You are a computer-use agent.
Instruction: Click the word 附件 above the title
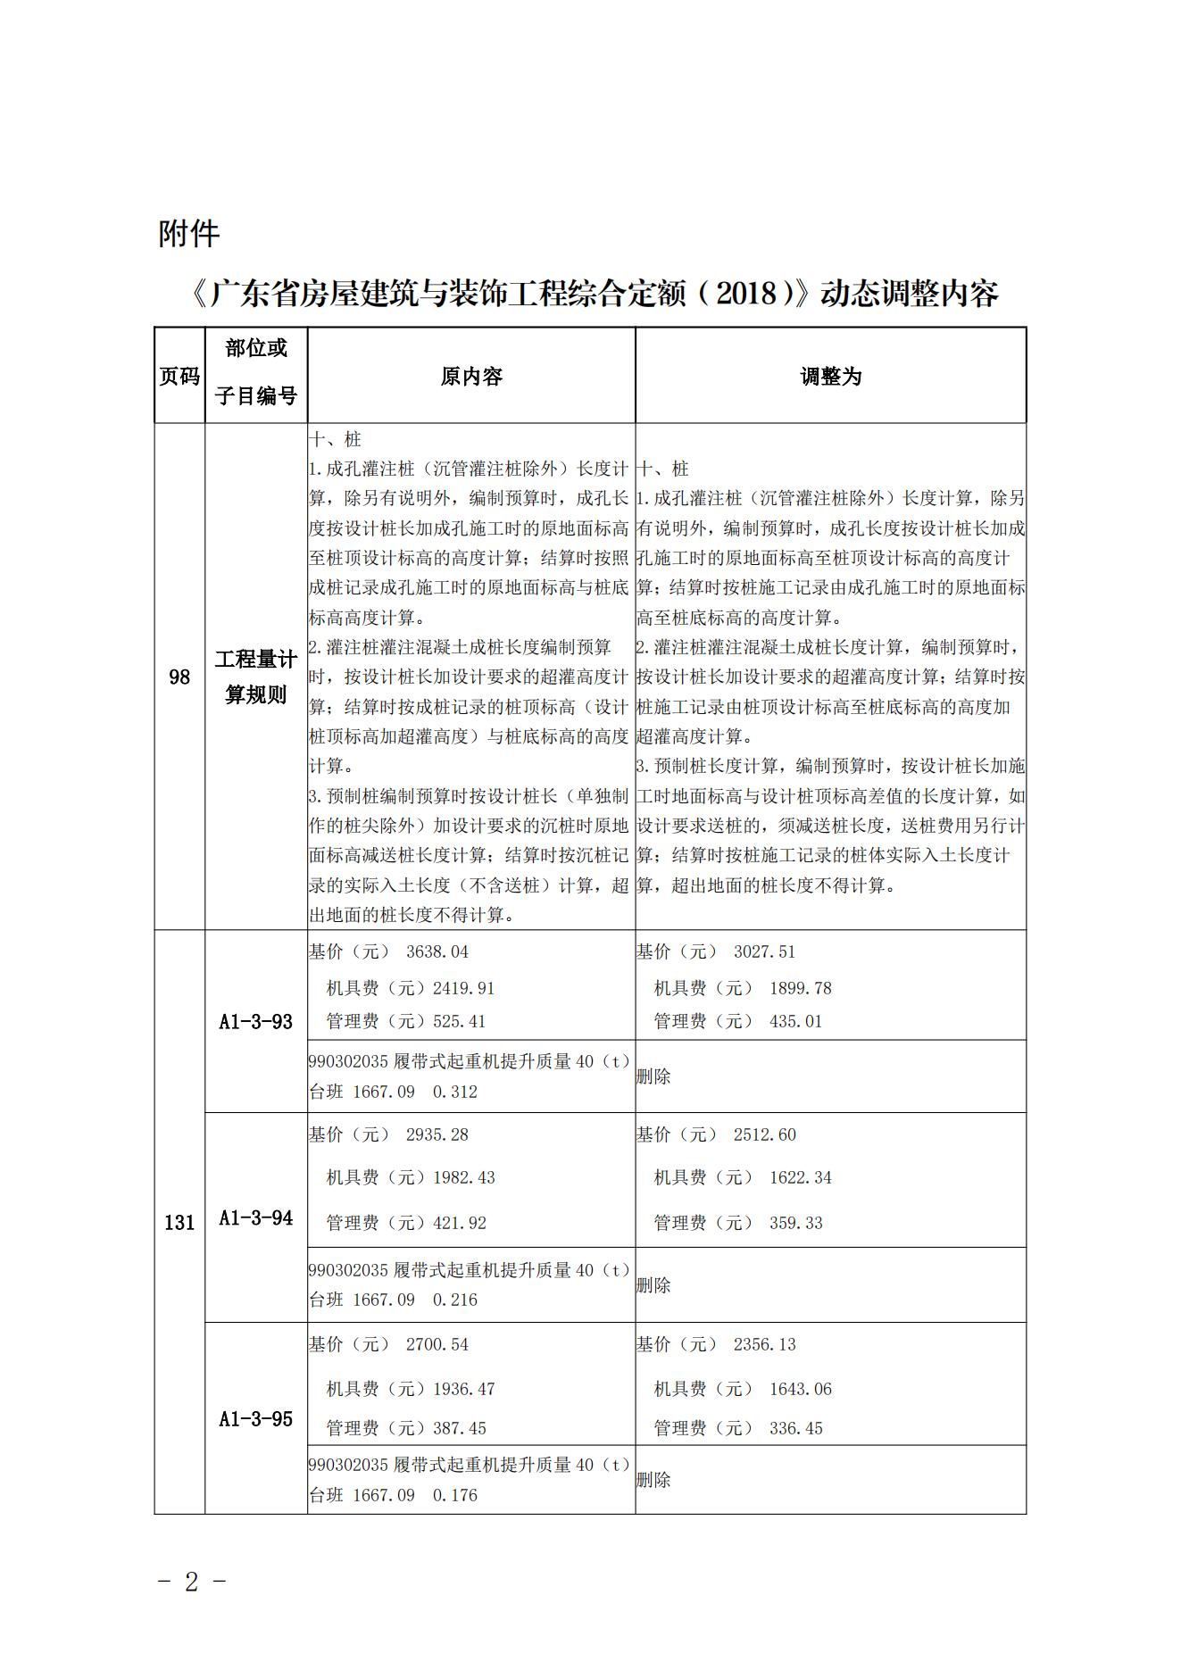188,234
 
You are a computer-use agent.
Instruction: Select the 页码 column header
179,377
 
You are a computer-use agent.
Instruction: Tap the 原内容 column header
471,377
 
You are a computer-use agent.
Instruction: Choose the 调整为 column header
830,377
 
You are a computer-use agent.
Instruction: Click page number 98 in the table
179,677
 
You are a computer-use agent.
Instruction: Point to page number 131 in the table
179,1223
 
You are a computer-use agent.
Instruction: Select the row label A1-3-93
256,1022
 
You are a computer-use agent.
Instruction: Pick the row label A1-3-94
256,1218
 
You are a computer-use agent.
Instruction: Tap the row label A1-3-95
256,1419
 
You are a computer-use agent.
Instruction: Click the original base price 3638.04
437,952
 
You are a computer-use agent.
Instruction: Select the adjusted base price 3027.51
764,952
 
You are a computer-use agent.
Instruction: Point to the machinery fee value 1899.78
800,989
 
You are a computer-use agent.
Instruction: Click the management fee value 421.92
460,1224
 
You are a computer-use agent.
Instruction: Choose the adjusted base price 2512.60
764,1135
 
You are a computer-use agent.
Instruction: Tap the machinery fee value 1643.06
800,1390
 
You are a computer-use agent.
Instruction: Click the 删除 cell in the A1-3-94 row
653,1285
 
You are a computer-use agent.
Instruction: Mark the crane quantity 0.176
455,1495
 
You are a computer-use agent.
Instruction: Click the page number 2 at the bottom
191,1583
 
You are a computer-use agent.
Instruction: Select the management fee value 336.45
795,1429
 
